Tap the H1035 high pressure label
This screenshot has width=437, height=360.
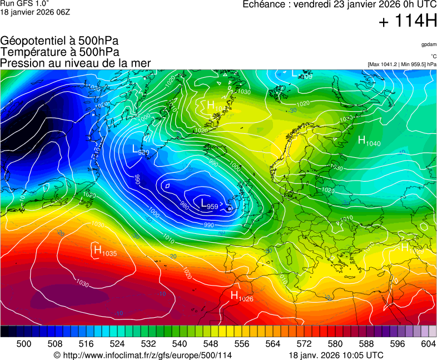point(105,251)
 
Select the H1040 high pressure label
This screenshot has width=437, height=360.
point(369,141)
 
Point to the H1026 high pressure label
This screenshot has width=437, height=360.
point(242,296)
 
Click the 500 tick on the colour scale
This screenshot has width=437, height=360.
point(24,344)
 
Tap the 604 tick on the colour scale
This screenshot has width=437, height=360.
point(428,344)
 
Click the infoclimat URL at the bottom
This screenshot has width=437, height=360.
point(142,355)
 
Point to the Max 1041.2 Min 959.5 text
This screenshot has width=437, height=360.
point(402,64)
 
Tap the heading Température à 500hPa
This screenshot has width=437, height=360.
point(59,52)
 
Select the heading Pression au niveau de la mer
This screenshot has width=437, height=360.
point(76,63)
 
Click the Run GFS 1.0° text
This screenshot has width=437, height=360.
point(26,4)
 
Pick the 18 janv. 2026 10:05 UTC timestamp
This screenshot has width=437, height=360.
point(336,355)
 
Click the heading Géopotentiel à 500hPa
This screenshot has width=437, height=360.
point(59,41)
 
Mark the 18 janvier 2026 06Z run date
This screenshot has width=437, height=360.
point(31,12)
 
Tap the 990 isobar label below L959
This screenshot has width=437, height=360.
point(208,224)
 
